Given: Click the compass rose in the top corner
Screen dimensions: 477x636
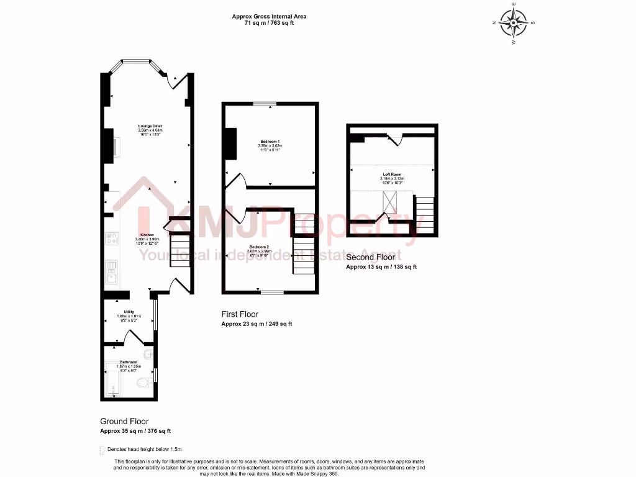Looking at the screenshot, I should tap(514, 24).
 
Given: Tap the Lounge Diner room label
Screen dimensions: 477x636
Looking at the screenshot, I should tap(150, 126).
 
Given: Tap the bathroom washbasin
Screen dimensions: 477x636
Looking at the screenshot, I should tap(148, 354).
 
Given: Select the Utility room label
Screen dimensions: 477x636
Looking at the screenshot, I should tap(129, 312).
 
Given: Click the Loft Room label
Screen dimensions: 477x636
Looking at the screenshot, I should tap(391, 175).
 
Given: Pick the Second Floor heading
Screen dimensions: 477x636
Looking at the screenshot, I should tap(370, 257).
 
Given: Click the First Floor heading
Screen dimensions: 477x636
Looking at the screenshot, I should tap(240, 314).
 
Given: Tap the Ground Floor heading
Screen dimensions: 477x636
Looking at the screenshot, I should tap(124, 421).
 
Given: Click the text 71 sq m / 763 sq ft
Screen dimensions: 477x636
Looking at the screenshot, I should tap(269, 23).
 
